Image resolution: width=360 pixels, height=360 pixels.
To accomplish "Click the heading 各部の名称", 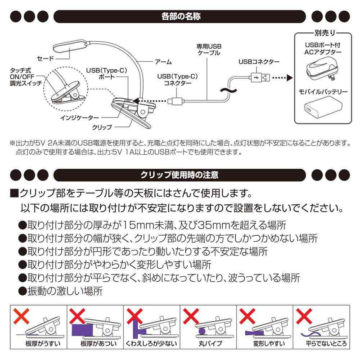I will (180, 18).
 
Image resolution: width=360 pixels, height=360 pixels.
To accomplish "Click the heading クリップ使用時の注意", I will (180, 174).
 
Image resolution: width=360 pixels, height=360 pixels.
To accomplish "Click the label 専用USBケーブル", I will (209, 49).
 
